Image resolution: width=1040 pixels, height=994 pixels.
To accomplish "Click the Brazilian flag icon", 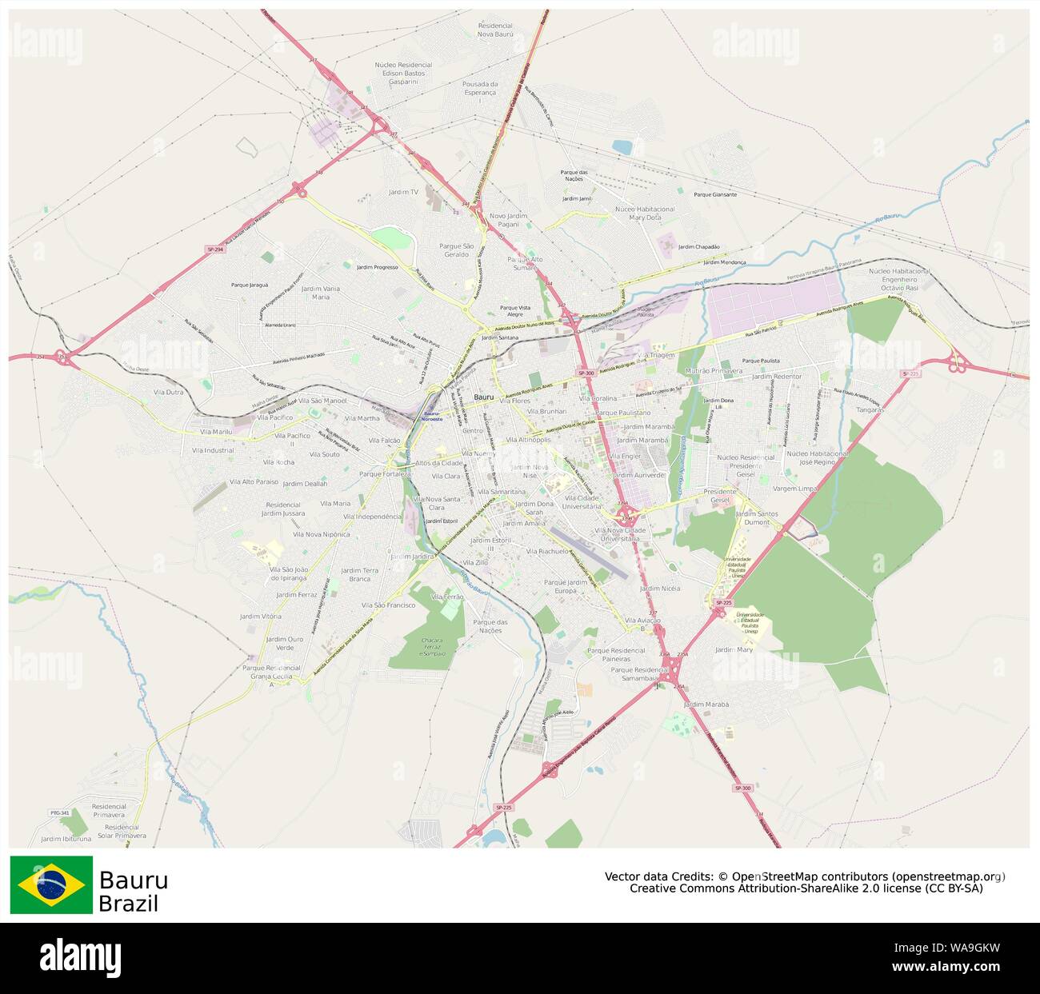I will [x=51, y=884].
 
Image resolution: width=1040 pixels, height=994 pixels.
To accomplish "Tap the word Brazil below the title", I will [x=128, y=904].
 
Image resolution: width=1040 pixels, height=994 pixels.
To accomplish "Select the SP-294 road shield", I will [x=214, y=249].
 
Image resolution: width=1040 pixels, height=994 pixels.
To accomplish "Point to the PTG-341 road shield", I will [x=60, y=812].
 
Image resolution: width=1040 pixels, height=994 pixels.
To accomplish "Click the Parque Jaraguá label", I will [x=250, y=285].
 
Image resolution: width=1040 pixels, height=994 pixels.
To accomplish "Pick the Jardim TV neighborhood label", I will [x=403, y=192].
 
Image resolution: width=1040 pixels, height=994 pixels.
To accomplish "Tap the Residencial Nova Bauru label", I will [x=495, y=30].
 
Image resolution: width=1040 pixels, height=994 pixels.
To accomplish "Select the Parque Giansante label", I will [x=715, y=194].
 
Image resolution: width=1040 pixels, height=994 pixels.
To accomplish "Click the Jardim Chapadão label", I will [x=698, y=247].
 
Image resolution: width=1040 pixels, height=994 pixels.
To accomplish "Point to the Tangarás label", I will [x=870, y=409].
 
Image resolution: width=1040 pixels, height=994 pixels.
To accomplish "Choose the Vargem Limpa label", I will [x=795, y=488].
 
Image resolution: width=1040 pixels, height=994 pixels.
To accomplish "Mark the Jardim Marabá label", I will [x=706, y=705].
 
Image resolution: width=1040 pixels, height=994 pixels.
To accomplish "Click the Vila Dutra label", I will [x=168, y=392].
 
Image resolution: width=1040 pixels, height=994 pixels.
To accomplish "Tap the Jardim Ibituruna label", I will [x=66, y=839].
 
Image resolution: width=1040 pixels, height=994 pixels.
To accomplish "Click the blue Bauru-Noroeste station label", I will [x=432, y=416].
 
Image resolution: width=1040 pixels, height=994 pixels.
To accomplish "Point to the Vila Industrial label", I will [x=213, y=450].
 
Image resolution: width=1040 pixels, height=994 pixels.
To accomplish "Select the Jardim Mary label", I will [x=734, y=650].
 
